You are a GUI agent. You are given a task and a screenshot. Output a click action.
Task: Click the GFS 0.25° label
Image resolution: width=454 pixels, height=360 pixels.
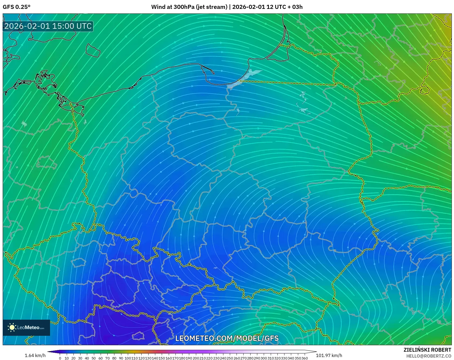pos(16,7)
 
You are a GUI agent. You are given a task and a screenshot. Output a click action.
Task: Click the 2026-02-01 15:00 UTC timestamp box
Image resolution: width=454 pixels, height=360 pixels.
pos(48,26)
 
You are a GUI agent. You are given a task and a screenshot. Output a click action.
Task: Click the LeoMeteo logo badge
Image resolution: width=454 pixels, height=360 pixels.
pos(26,327)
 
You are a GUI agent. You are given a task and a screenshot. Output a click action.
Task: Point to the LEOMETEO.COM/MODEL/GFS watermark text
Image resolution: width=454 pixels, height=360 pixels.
pos(227,338)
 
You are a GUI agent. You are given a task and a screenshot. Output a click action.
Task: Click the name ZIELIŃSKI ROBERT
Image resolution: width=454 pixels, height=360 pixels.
pos(427,350)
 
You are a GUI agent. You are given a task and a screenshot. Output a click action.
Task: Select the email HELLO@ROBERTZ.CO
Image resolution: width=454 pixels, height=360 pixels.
pos(428,356)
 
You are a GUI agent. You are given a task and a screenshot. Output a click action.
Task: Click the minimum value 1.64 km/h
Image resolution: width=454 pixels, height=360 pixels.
pos(35,355)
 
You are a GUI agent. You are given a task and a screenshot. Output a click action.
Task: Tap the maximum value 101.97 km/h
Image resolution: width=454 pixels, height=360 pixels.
pos(329,355)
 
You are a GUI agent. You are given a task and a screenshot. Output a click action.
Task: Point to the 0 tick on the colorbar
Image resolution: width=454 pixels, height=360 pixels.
pos(60,358)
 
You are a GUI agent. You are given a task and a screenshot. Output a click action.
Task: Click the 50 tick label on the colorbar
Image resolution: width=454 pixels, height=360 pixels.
pos(94,358)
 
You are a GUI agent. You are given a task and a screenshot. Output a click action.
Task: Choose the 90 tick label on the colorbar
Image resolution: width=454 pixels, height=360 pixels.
pos(121,358)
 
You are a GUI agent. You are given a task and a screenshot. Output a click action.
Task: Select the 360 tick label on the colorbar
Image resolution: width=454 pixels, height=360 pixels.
pos(304,358)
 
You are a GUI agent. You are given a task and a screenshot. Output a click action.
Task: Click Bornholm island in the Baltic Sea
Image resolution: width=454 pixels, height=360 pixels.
pos(93,50)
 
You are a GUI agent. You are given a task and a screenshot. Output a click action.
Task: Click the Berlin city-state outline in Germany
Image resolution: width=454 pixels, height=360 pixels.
pos(46,163)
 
